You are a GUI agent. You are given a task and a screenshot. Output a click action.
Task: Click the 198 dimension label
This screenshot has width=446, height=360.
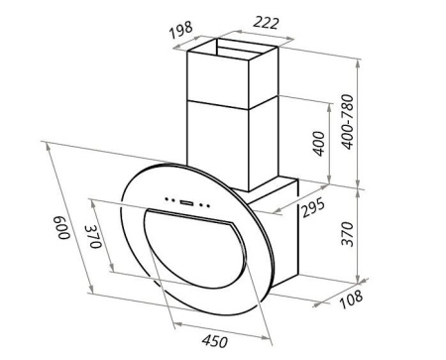[x=181, y=29]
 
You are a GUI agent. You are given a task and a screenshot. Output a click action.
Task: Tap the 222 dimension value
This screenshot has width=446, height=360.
[x=266, y=23]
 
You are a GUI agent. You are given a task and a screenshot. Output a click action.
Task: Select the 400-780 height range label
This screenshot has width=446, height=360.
[x=347, y=122]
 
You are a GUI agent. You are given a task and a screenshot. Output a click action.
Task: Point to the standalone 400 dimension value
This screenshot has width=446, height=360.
[x=319, y=143]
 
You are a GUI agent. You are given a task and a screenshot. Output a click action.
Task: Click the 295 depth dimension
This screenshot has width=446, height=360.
[x=313, y=208]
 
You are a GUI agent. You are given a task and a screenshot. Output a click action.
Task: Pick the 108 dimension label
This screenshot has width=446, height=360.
[x=351, y=299]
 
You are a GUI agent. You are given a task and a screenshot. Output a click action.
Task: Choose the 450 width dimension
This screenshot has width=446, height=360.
[x=215, y=341]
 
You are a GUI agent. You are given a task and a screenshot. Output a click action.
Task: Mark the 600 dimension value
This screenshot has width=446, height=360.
[x=63, y=228]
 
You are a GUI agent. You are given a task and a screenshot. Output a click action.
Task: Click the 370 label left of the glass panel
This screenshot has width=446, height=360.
[x=93, y=236]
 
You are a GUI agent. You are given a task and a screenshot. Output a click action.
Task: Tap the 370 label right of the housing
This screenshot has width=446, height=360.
[x=347, y=234]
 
